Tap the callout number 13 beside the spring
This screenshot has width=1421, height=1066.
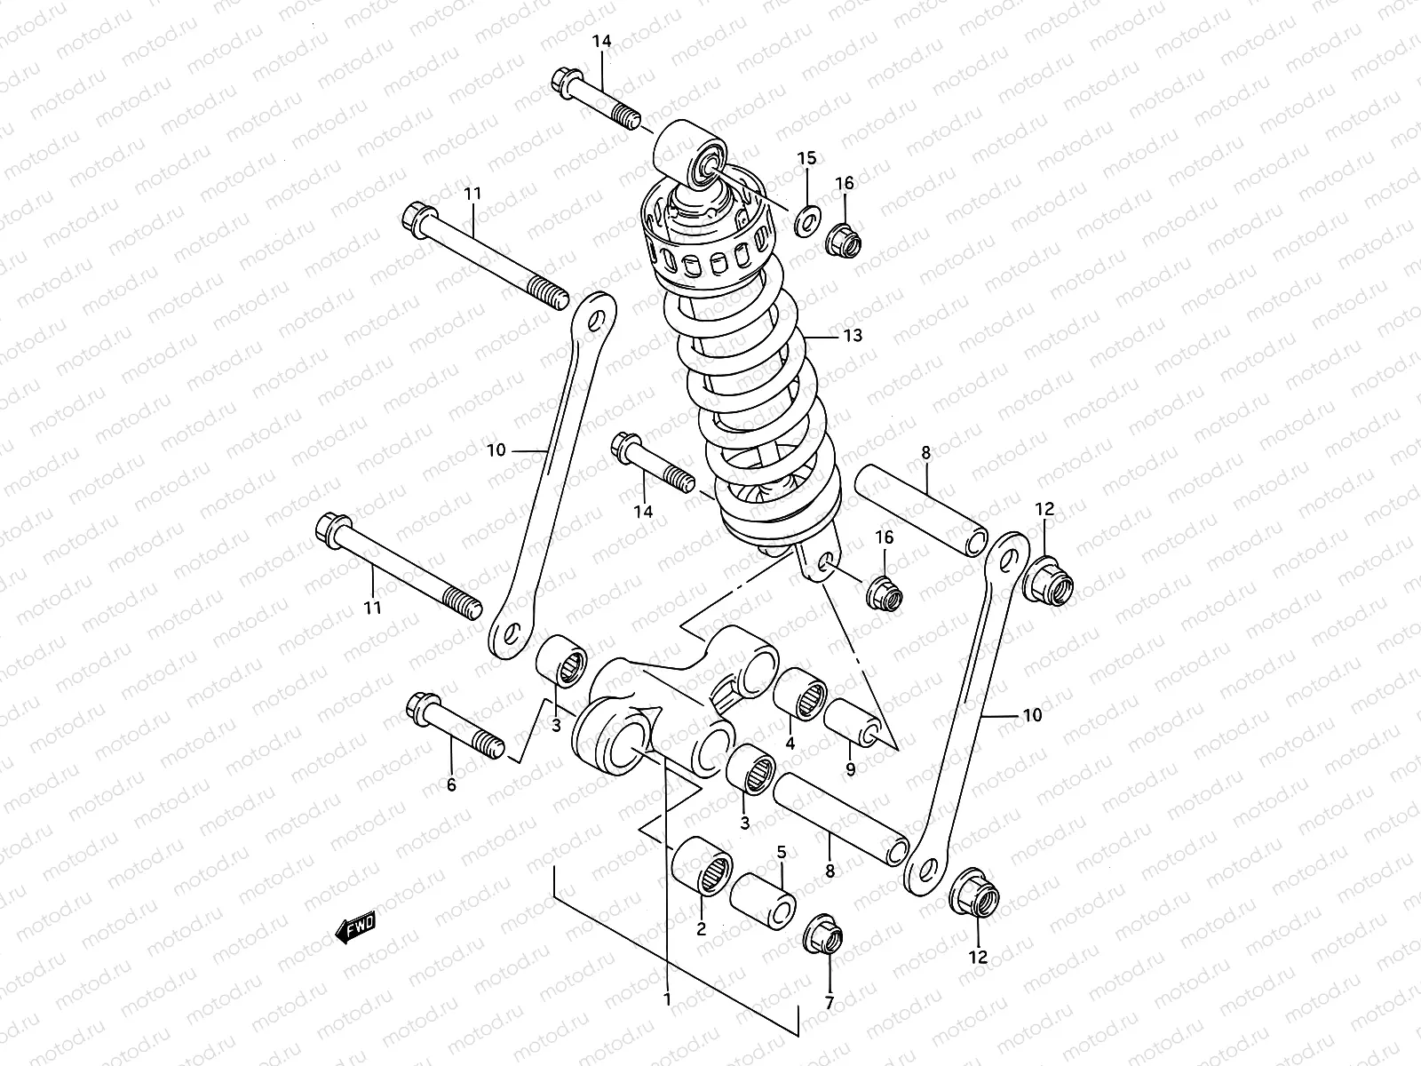click(853, 336)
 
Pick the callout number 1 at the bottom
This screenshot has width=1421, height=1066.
click(666, 998)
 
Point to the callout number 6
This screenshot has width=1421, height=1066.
click(451, 785)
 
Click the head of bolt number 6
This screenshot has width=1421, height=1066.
click(418, 706)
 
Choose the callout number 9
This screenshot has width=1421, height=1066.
click(850, 770)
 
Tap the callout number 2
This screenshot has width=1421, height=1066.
click(701, 930)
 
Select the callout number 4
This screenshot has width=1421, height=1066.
click(790, 743)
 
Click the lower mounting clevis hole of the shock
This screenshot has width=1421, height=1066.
click(824, 561)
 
